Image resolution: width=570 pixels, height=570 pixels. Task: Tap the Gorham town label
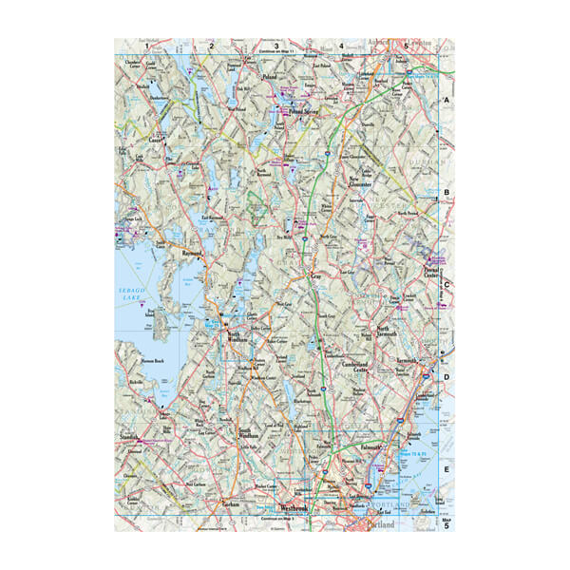[228, 504]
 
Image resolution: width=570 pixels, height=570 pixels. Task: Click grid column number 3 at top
[275, 45]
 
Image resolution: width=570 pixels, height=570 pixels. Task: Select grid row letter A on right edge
[446, 99]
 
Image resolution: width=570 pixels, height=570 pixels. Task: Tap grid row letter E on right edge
[446, 469]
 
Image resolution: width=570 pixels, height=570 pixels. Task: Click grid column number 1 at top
[146, 45]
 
